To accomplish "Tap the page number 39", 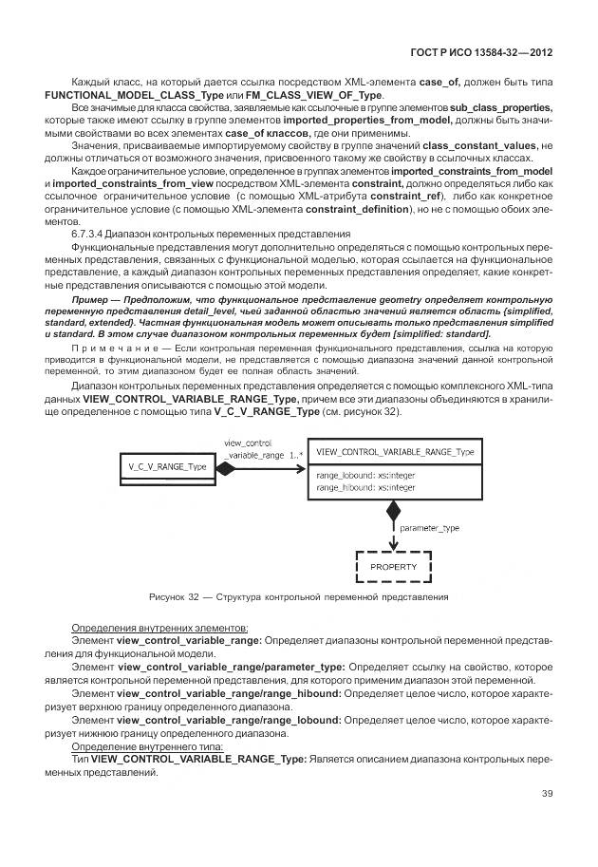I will pos(547,794).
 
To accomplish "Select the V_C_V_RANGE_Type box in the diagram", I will pos(168,466).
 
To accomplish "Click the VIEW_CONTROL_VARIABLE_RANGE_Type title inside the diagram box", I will pos(396,452).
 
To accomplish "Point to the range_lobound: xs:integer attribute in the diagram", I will pos(365,474).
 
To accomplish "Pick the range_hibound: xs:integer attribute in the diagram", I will pos(365,486).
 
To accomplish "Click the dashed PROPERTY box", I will pos(393,567).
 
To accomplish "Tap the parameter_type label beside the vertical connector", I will pos(430,526).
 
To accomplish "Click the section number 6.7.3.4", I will pos(92,233).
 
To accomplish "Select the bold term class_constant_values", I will pos(478,145).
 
